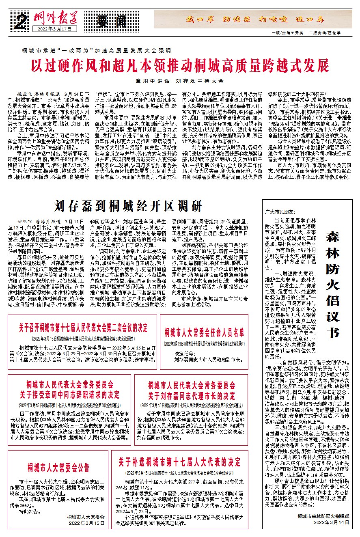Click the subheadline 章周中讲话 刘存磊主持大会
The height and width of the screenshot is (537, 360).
(x=180, y=80)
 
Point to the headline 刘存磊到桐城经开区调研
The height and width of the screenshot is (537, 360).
(x=129, y=207)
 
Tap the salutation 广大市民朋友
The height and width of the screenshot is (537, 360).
(x=281, y=212)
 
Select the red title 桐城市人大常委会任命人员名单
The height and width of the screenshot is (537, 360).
(x=204, y=333)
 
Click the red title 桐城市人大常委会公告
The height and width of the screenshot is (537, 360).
(x=58, y=466)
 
